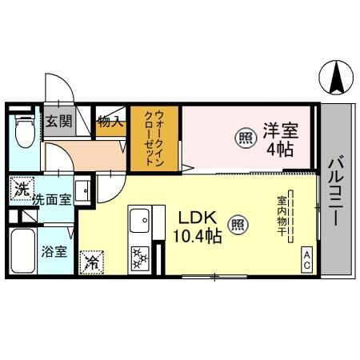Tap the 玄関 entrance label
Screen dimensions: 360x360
[x=57, y=122]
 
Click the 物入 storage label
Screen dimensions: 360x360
[x=110, y=122]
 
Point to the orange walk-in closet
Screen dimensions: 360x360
[x=155, y=138]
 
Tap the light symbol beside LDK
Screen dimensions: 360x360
[x=237, y=226]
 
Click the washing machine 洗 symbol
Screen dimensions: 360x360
[x=20, y=190]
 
